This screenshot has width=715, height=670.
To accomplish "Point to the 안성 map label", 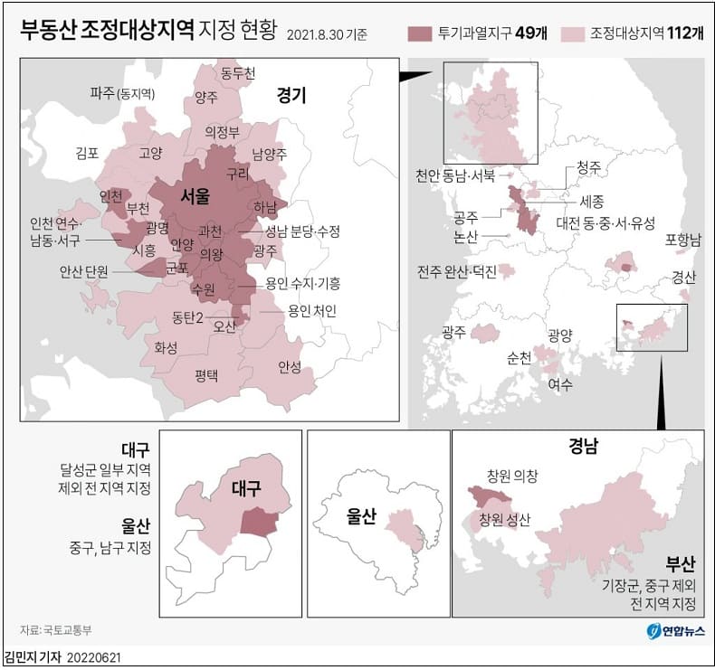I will tap(290, 366).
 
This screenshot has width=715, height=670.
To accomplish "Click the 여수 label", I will tap(560, 383).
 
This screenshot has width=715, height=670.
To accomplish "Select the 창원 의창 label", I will tap(511, 475).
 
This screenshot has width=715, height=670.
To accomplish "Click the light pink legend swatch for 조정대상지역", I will tap(572, 33).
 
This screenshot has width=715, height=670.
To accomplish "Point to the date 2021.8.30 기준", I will tap(327, 35).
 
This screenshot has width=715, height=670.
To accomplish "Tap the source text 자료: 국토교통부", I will tap(56, 629).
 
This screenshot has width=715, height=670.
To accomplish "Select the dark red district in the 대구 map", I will tap(258, 521).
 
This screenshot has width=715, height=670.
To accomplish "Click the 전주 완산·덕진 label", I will tap(457, 271).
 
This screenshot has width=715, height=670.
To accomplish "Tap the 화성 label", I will tap(166, 347).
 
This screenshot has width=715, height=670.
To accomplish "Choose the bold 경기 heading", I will tap(291, 94).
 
